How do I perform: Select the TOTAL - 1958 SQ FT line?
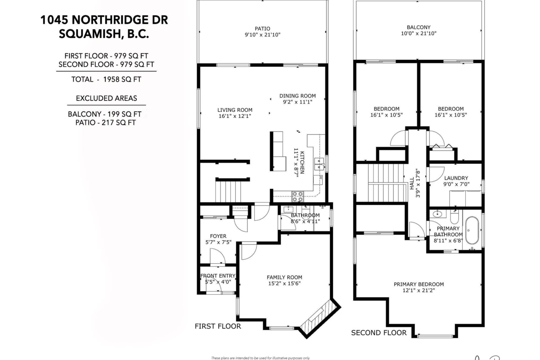(106, 80)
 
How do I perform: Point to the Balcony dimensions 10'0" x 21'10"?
(418, 34)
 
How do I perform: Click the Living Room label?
(235, 110)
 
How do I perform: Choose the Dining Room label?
(297, 95)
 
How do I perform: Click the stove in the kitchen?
(297, 196)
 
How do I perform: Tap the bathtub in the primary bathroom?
(472, 230)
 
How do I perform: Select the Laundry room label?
(456, 178)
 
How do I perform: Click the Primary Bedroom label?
(418, 284)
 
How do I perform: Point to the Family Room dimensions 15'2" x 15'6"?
(284, 284)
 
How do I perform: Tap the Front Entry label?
(218, 276)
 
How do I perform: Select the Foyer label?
(218, 236)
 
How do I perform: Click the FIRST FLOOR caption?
(217, 326)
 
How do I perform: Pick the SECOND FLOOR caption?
(378, 333)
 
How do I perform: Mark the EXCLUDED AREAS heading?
(106, 98)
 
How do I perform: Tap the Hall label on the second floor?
(412, 181)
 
